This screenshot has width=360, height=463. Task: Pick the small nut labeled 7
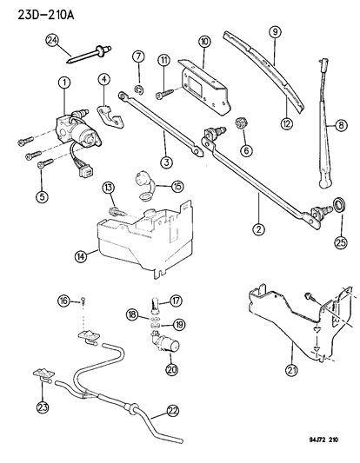click(x=140, y=89)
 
